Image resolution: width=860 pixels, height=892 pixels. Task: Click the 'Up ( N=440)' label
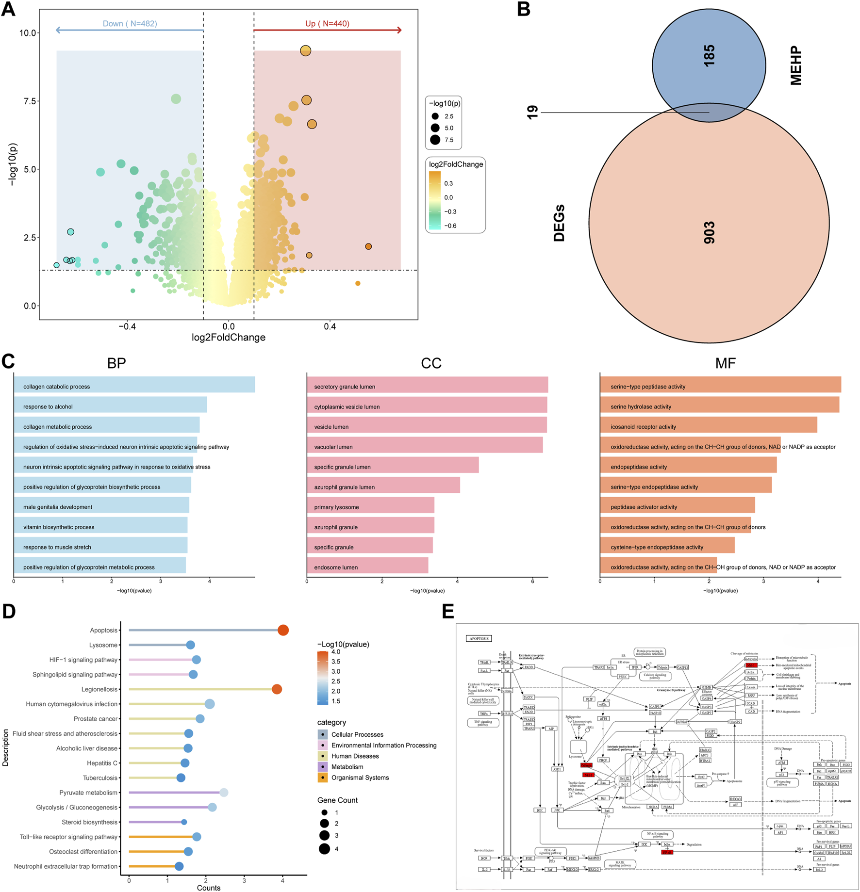click(x=327, y=23)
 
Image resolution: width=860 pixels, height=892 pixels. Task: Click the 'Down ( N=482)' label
click(x=130, y=23)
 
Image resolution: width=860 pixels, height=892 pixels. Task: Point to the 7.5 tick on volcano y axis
click(x=28, y=101)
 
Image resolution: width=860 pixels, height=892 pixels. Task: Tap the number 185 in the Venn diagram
click(x=709, y=56)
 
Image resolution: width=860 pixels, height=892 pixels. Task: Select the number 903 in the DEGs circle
click(x=709, y=232)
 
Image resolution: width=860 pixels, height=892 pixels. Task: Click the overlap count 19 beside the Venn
click(x=532, y=113)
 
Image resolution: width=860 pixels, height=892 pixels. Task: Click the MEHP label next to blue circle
click(x=796, y=65)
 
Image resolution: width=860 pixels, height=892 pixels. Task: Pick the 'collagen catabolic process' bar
click(x=134, y=386)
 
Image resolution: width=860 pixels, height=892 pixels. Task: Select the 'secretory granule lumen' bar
click(x=427, y=386)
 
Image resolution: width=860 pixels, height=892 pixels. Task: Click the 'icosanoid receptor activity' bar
click(x=709, y=426)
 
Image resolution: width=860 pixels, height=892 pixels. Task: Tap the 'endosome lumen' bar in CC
click(x=367, y=567)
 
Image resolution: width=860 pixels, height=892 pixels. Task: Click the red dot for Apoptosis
click(x=283, y=630)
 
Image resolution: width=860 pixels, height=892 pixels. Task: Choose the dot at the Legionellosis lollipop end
click(x=277, y=689)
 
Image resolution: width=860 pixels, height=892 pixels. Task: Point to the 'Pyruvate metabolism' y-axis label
click(x=88, y=793)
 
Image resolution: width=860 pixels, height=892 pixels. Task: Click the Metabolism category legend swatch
click(x=323, y=767)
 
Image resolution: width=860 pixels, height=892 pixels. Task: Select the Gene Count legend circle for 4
click(x=324, y=849)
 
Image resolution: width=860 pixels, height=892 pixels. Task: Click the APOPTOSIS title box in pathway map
click(x=479, y=638)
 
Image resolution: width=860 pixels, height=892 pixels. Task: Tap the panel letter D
click(x=9, y=612)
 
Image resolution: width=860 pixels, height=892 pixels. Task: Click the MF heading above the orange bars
click(x=725, y=363)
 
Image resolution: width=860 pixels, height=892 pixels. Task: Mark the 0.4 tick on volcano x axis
click(x=330, y=326)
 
